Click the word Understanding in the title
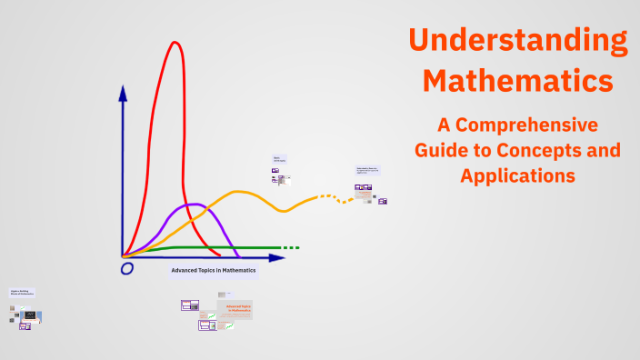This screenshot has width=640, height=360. tap(517, 40)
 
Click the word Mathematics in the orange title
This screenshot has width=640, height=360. tap(517, 80)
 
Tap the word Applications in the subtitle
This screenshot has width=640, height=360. tap(517, 175)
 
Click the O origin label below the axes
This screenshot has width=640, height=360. tap(127, 268)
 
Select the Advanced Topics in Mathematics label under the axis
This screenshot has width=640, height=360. tap(214, 271)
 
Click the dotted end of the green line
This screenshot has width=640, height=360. tap(290, 247)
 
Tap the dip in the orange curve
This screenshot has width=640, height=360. tap(284, 211)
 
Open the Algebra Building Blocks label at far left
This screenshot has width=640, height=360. tap(22, 293)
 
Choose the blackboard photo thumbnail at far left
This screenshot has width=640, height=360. tap(30, 315)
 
